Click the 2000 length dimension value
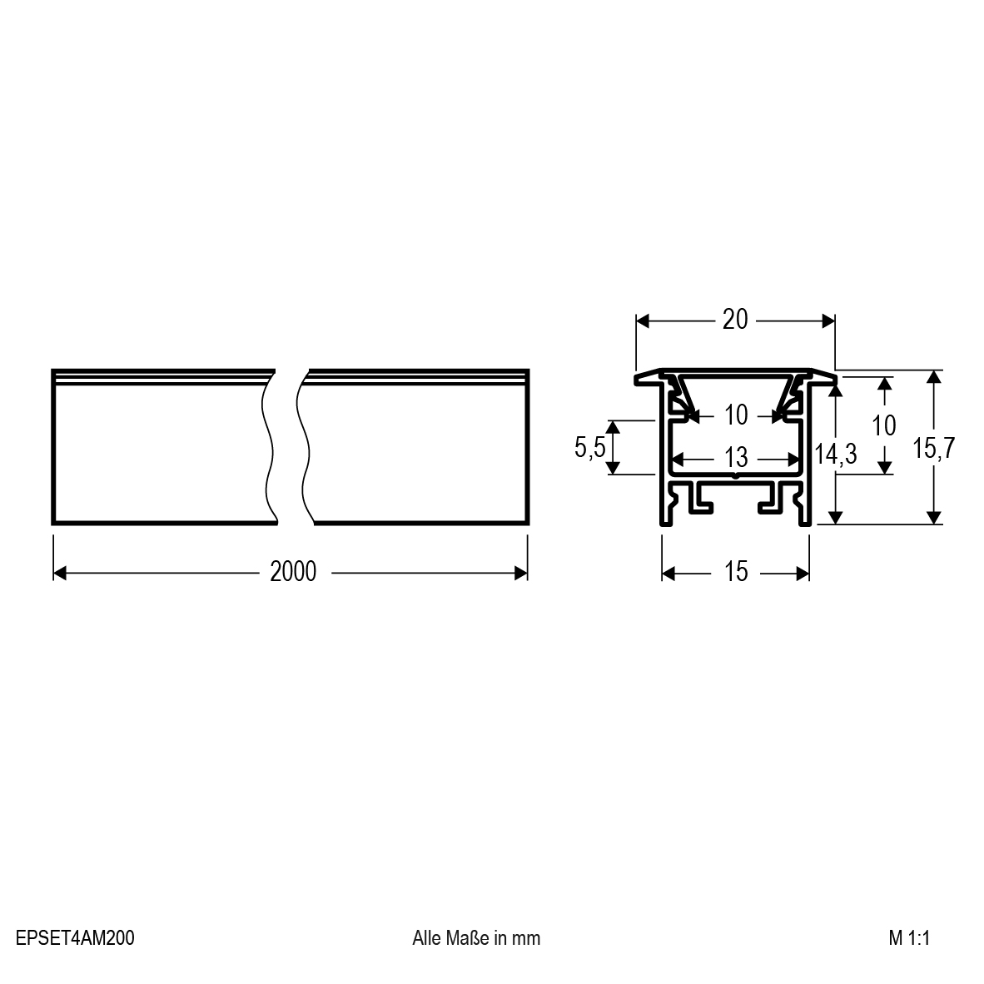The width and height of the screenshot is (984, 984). pos(293,572)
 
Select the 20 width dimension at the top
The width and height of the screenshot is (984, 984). pos(735,320)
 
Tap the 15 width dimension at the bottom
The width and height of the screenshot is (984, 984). pos(735,572)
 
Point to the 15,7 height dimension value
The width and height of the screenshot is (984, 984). pos(934,448)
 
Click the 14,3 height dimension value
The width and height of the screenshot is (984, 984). pos(836,453)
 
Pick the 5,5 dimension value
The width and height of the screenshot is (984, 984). pos(590,447)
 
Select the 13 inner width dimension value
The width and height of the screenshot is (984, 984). pos(735,458)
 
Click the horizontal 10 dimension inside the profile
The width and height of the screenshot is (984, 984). pos(735,415)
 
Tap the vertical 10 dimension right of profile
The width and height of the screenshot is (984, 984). pos(884,425)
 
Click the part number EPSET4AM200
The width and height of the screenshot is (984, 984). pos(75,937)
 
